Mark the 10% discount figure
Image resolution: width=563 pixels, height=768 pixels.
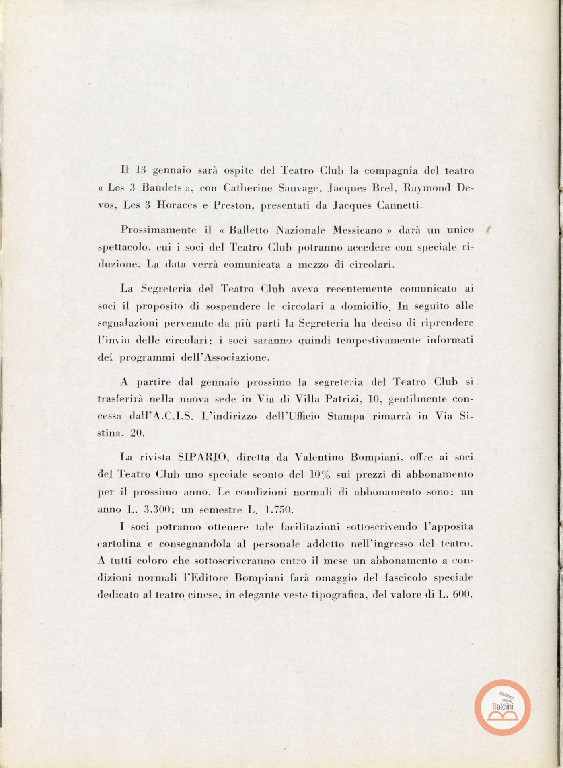pos(320,474)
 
